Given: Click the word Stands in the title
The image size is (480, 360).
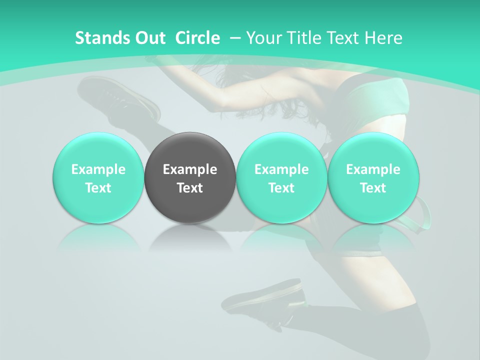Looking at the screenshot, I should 101,38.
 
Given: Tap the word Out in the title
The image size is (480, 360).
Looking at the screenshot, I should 148,38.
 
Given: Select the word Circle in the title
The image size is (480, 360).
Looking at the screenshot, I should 197,38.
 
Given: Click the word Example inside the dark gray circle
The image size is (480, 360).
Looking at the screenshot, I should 190,169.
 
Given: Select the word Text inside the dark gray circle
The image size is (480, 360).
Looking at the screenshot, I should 190,188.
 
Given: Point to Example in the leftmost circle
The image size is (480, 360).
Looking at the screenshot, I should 98,169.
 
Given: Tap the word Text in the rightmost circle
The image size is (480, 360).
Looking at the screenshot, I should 373,188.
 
